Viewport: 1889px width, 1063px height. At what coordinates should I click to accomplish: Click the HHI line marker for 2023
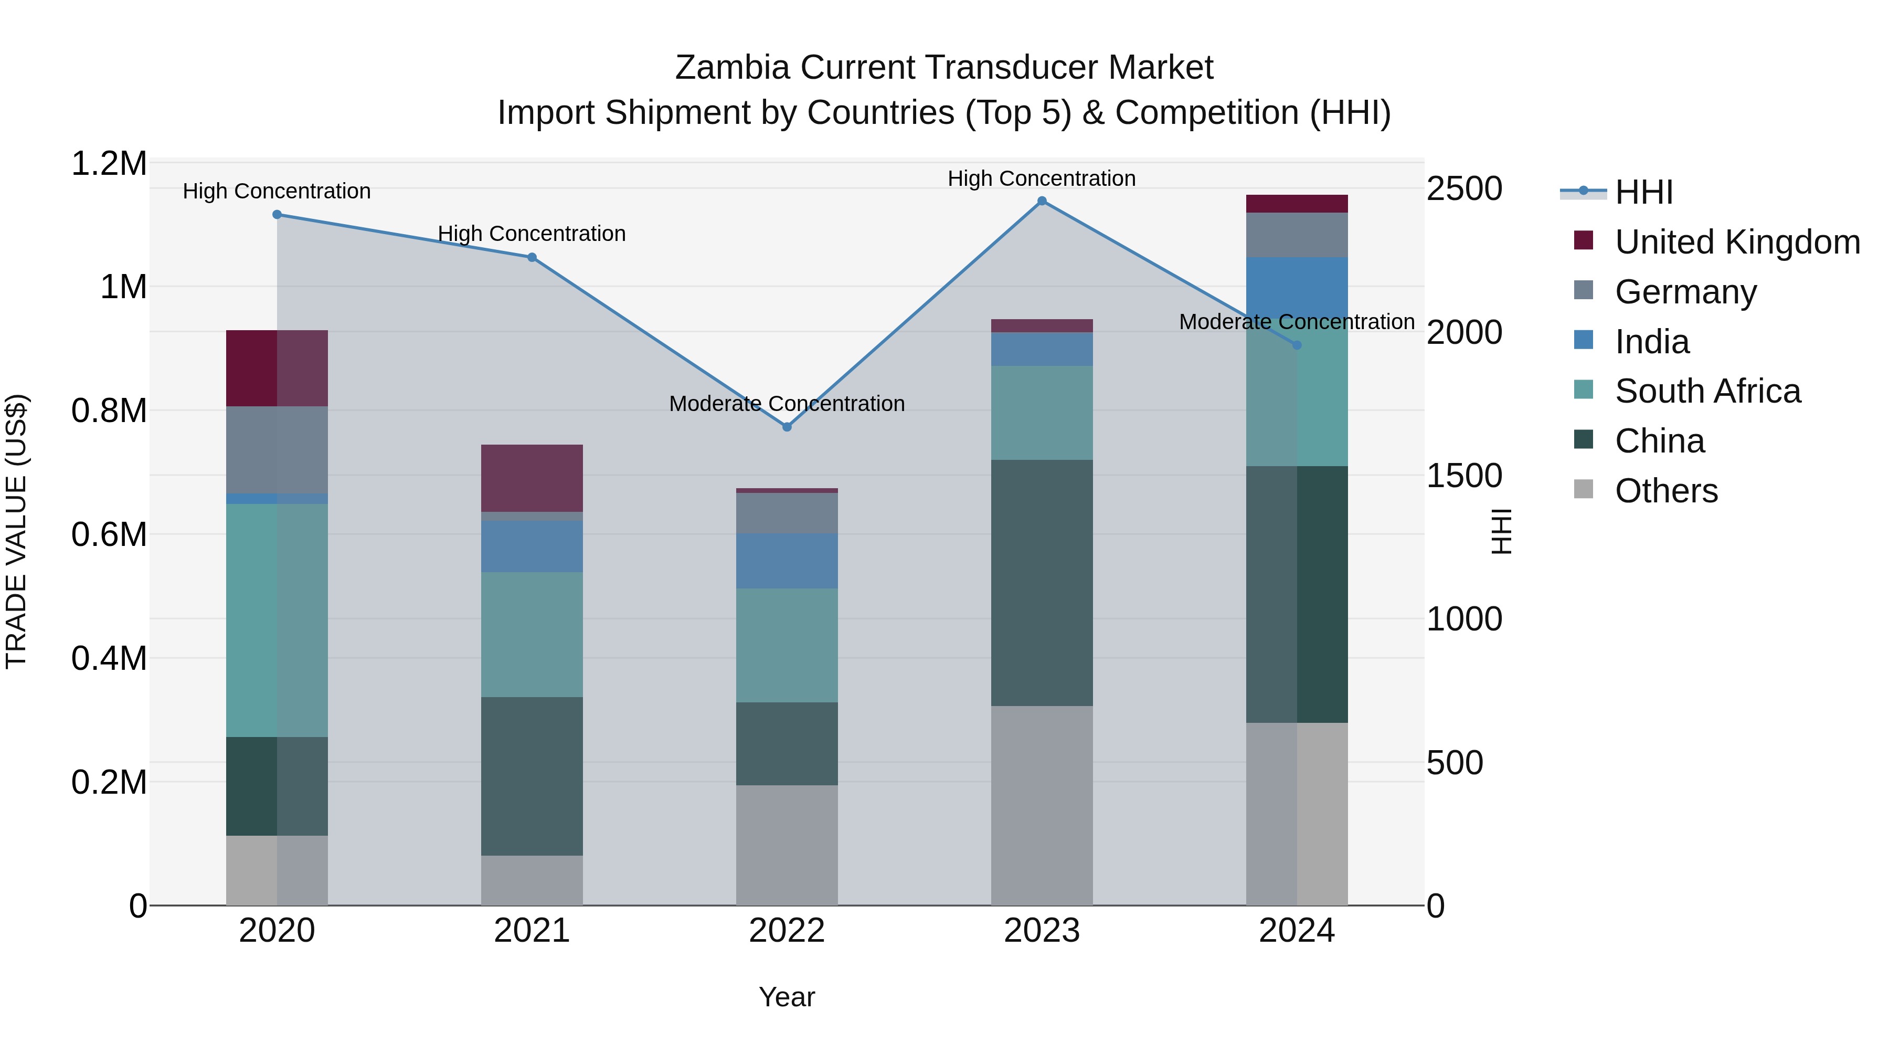pyautogui.click(x=1042, y=201)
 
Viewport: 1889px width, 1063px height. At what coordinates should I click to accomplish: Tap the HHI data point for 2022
pyautogui.click(x=787, y=427)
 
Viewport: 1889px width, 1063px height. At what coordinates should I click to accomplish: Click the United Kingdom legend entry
pyautogui.click(x=1736, y=242)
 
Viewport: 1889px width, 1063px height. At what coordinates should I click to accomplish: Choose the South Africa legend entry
pyautogui.click(x=1707, y=391)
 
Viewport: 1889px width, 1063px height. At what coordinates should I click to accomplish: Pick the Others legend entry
pyautogui.click(x=1666, y=491)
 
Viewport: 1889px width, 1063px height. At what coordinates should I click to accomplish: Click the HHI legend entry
pyautogui.click(x=1643, y=192)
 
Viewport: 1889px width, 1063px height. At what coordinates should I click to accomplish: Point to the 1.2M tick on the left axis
pyautogui.click(x=109, y=164)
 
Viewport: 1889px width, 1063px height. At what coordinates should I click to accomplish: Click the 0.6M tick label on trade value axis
pyautogui.click(x=109, y=535)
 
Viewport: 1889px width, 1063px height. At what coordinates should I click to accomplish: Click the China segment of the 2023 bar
pyautogui.click(x=1042, y=583)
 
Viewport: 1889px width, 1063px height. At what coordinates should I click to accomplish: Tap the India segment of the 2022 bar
pyautogui.click(x=787, y=561)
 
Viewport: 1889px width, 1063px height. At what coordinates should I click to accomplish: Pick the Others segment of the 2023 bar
pyautogui.click(x=1042, y=805)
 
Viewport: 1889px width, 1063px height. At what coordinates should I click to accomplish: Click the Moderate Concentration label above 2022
pyautogui.click(x=787, y=404)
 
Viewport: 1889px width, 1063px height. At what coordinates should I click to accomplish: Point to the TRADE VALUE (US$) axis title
pyautogui.click(x=17, y=531)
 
